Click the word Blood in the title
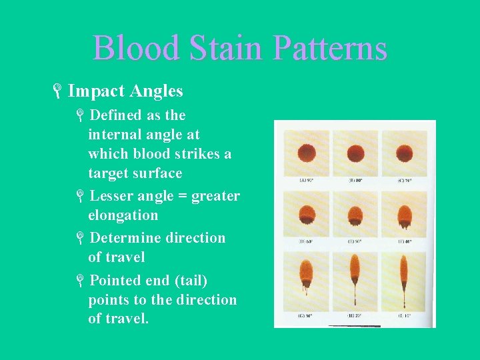(x=137, y=49)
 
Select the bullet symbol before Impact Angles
(x=59, y=91)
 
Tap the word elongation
(x=123, y=215)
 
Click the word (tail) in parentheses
(x=162, y=280)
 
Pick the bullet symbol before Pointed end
(x=79, y=281)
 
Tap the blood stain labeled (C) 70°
(x=404, y=153)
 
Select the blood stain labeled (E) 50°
(x=355, y=215)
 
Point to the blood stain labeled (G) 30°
(x=305, y=270)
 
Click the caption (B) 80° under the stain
(x=355, y=180)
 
